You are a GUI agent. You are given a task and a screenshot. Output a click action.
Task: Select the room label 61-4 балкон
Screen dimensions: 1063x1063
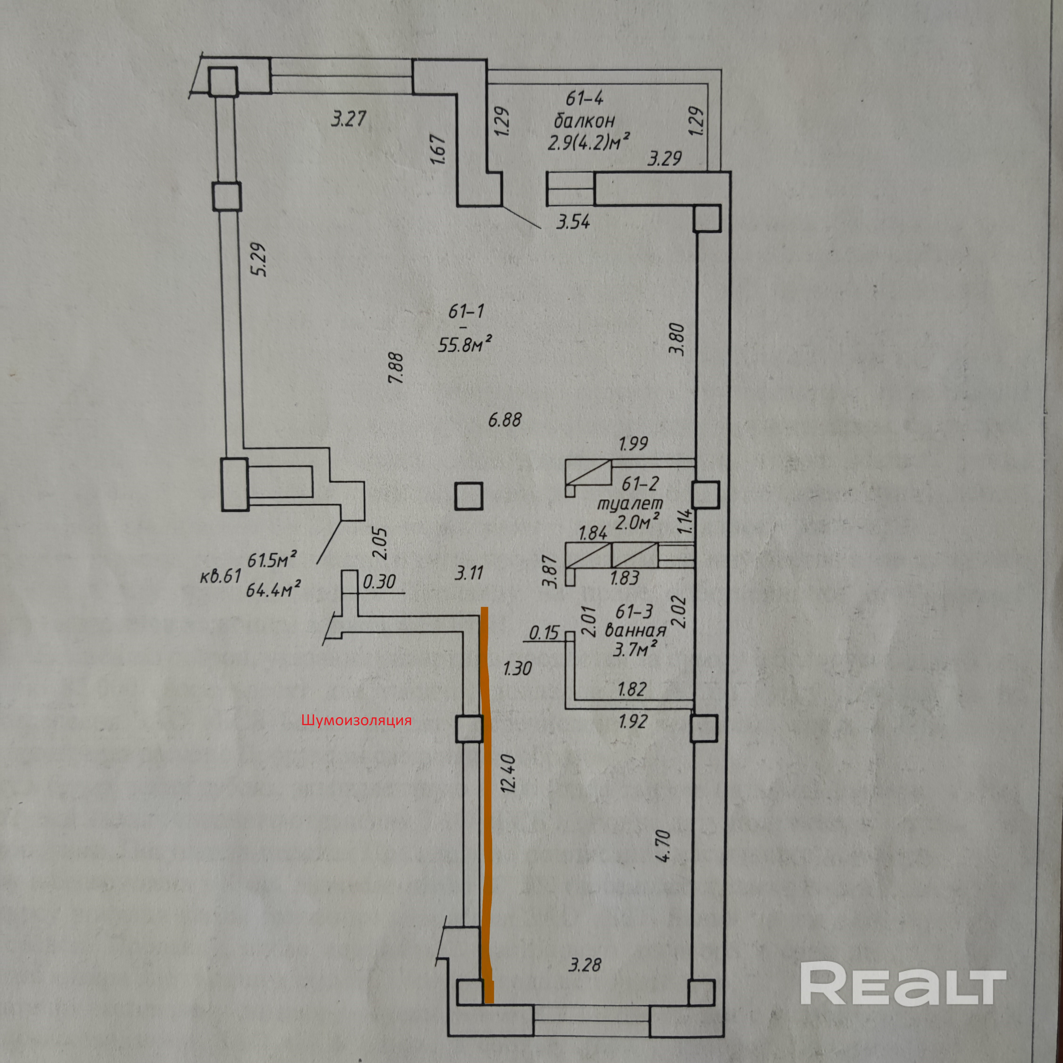584,110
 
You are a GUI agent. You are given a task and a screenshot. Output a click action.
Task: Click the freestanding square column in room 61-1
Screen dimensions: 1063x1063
469,496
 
